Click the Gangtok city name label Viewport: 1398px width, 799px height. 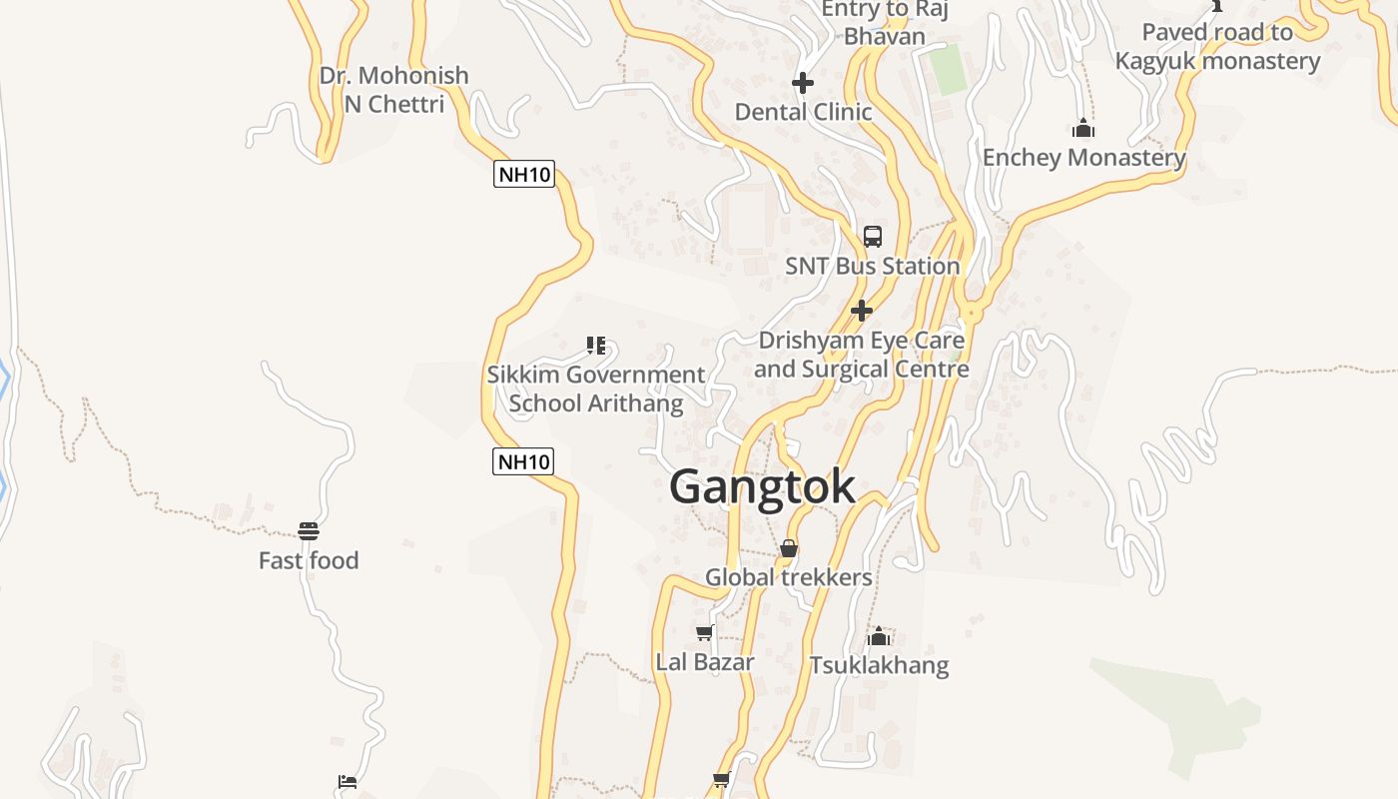[762, 487]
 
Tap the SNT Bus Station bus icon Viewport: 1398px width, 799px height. [873, 237]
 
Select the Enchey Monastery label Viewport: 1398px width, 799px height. [1083, 158]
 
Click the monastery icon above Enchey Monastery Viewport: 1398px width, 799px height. [1083, 129]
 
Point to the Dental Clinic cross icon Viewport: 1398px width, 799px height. [803, 83]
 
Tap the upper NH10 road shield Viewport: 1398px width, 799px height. [524, 175]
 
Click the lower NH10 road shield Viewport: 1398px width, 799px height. [523, 461]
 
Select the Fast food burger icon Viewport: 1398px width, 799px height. [309, 530]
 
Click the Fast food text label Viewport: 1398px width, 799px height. [309, 560]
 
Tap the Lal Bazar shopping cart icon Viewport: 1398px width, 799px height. [704, 632]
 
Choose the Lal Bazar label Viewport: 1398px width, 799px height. [705, 661]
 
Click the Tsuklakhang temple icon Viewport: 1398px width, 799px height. [879, 636]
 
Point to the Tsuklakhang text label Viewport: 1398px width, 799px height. [879, 665]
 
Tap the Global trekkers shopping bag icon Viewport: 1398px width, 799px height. [789, 548]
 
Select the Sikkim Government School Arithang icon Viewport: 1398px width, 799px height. [596, 346]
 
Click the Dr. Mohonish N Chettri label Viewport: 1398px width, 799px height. [393, 89]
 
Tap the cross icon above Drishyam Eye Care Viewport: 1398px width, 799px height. [862, 311]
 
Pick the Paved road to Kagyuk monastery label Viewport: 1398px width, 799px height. [1217, 46]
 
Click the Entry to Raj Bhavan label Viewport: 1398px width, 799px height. [884, 22]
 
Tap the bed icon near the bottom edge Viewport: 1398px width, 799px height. [348, 782]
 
